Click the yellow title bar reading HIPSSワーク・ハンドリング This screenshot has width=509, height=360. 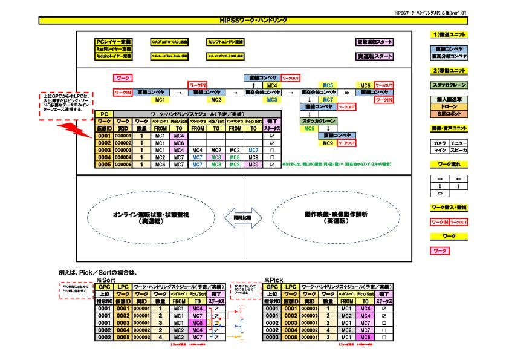point(254,20)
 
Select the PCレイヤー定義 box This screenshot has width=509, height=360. point(114,42)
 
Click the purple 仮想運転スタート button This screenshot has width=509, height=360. point(374,42)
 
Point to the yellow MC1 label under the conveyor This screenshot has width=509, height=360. point(160,100)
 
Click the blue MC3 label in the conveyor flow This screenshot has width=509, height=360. point(272,100)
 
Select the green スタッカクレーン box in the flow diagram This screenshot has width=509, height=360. point(317,121)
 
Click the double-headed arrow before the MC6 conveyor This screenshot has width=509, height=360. point(347,93)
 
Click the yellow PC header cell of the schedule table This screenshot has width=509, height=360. point(105,114)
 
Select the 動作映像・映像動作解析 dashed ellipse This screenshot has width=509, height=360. point(328,217)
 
